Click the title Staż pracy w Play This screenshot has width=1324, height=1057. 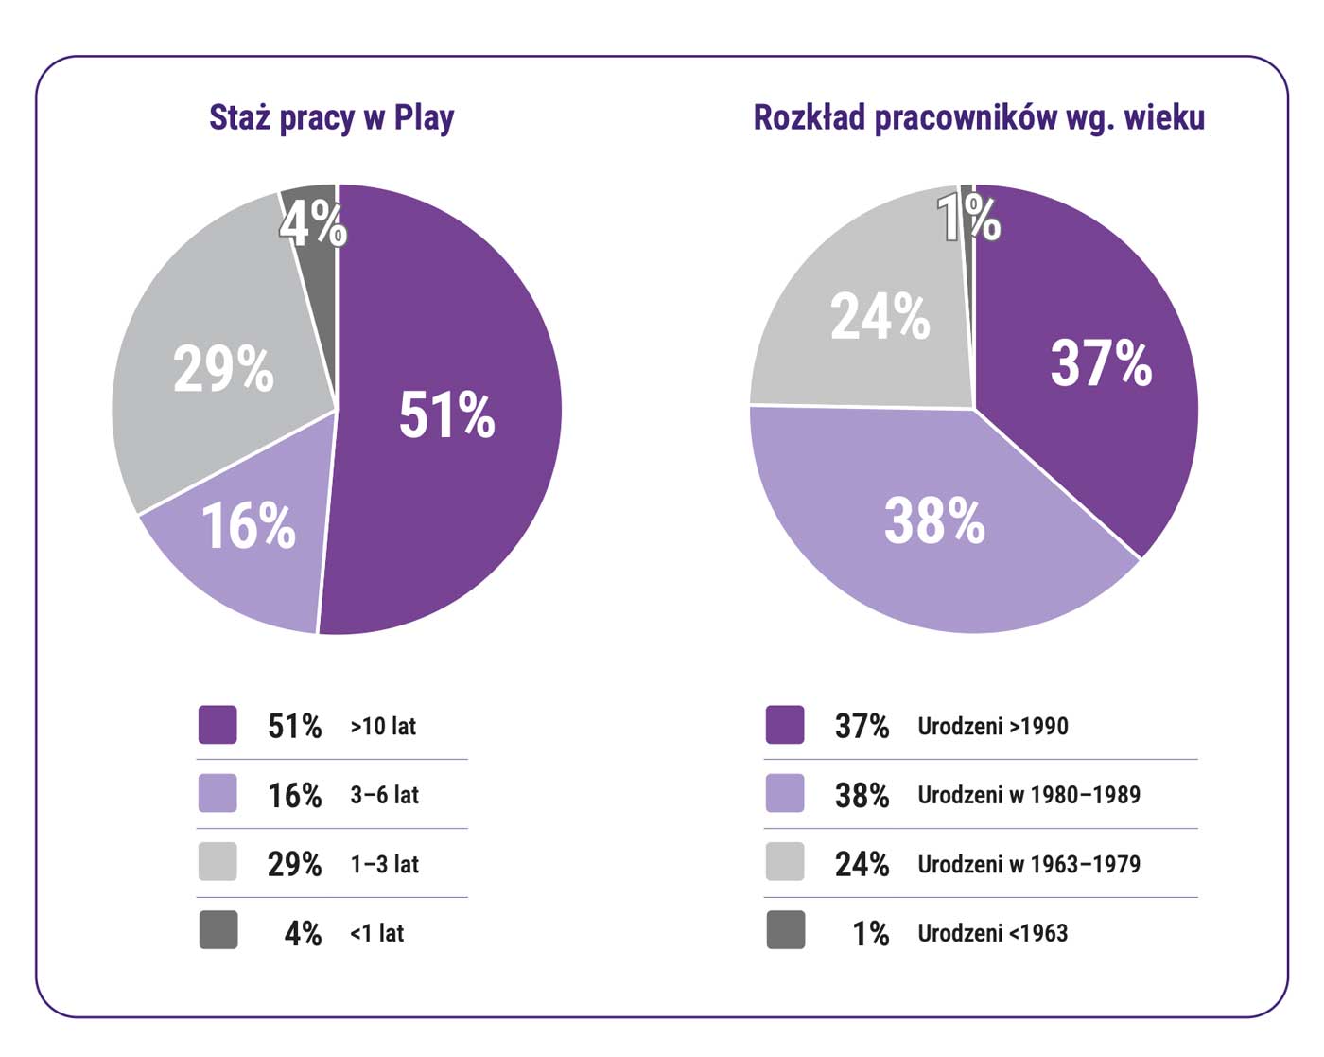(331, 118)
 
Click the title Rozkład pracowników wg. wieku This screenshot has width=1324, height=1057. (979, 118)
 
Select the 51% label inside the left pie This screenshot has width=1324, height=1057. (446, 414)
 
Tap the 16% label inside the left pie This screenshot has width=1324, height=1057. (249, 526)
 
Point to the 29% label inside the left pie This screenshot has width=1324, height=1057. (223, 368)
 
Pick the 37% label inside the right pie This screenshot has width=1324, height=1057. (1101, 362)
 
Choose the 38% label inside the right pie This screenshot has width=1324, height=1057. (934, 520)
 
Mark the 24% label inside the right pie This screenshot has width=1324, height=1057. (880, 316)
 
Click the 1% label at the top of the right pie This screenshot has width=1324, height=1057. (968, 219)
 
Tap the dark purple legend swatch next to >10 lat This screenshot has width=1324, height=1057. (218, 725)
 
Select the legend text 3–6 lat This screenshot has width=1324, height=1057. (384, 795)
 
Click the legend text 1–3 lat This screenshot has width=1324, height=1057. (384, 864)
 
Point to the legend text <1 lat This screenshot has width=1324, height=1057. (376, 933)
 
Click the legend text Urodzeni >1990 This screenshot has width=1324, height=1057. (993, 726)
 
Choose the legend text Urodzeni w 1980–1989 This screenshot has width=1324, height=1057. (1029, 795)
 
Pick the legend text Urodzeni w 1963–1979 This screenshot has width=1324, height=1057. (1029, 864)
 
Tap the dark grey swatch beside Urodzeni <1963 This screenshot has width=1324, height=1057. (785, 930)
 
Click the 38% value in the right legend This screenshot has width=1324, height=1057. (862, 796)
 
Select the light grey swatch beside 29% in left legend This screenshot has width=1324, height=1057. (218, 862)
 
